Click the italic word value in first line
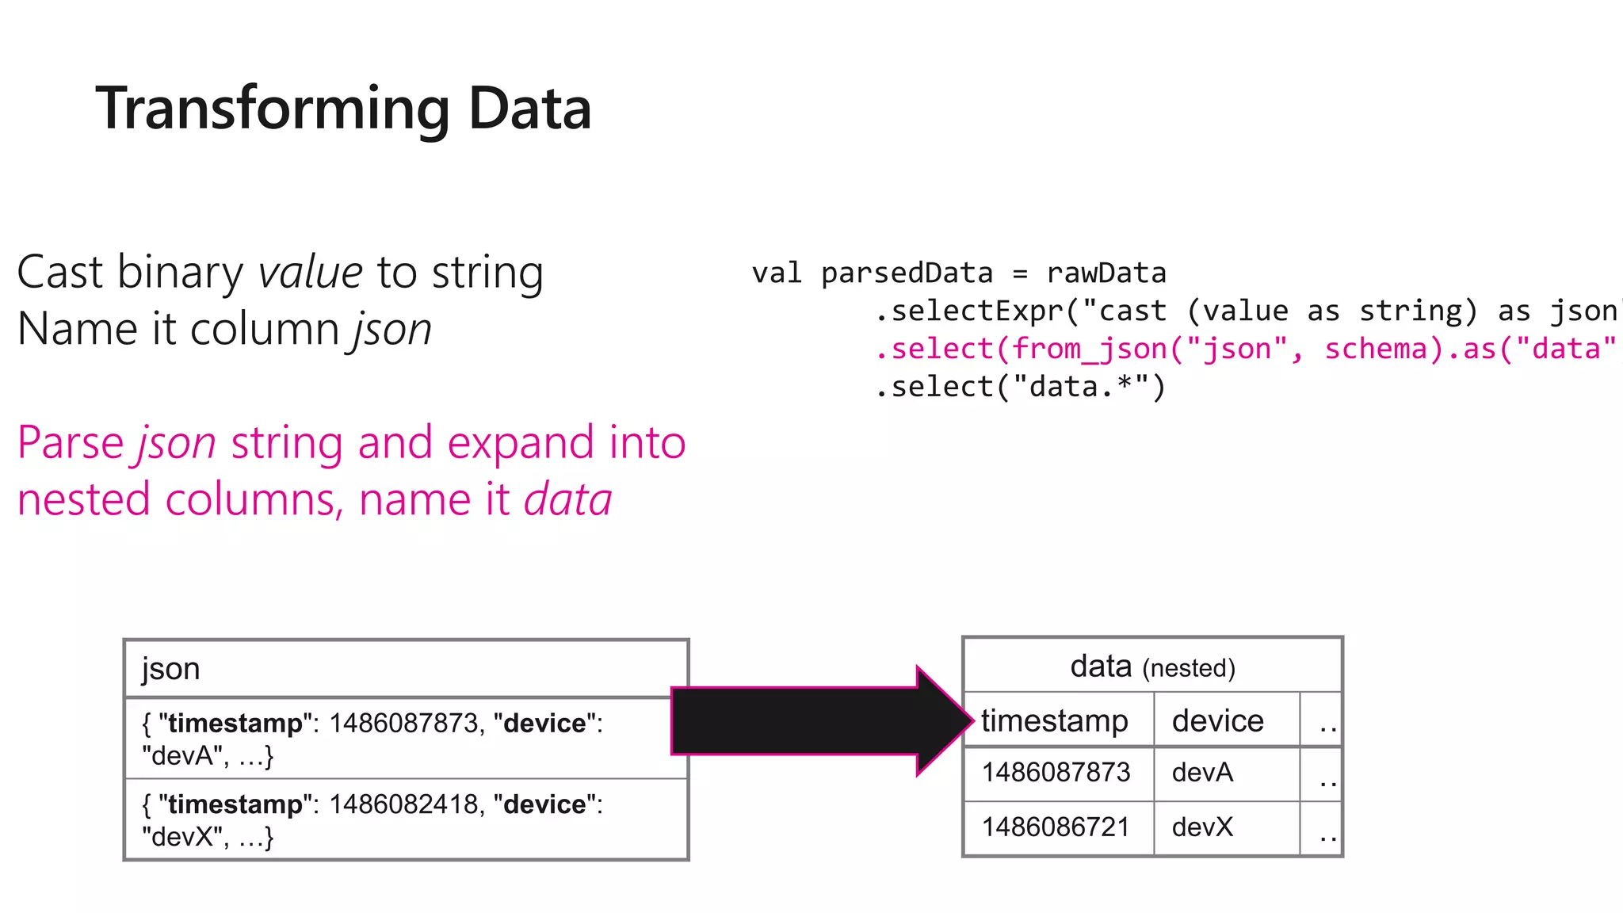point(310,273)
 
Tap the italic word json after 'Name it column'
point(392,329)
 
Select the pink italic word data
point(567,500)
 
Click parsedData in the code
point(907,273)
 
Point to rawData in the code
point(1106,273)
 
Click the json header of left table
point(170,669)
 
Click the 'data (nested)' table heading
point(1151,667)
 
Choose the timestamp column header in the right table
point(1054,720)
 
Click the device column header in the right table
point(1217,720)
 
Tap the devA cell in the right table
point(1202,772)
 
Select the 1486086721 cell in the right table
point(1056,827)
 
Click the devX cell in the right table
point(1202,827)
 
